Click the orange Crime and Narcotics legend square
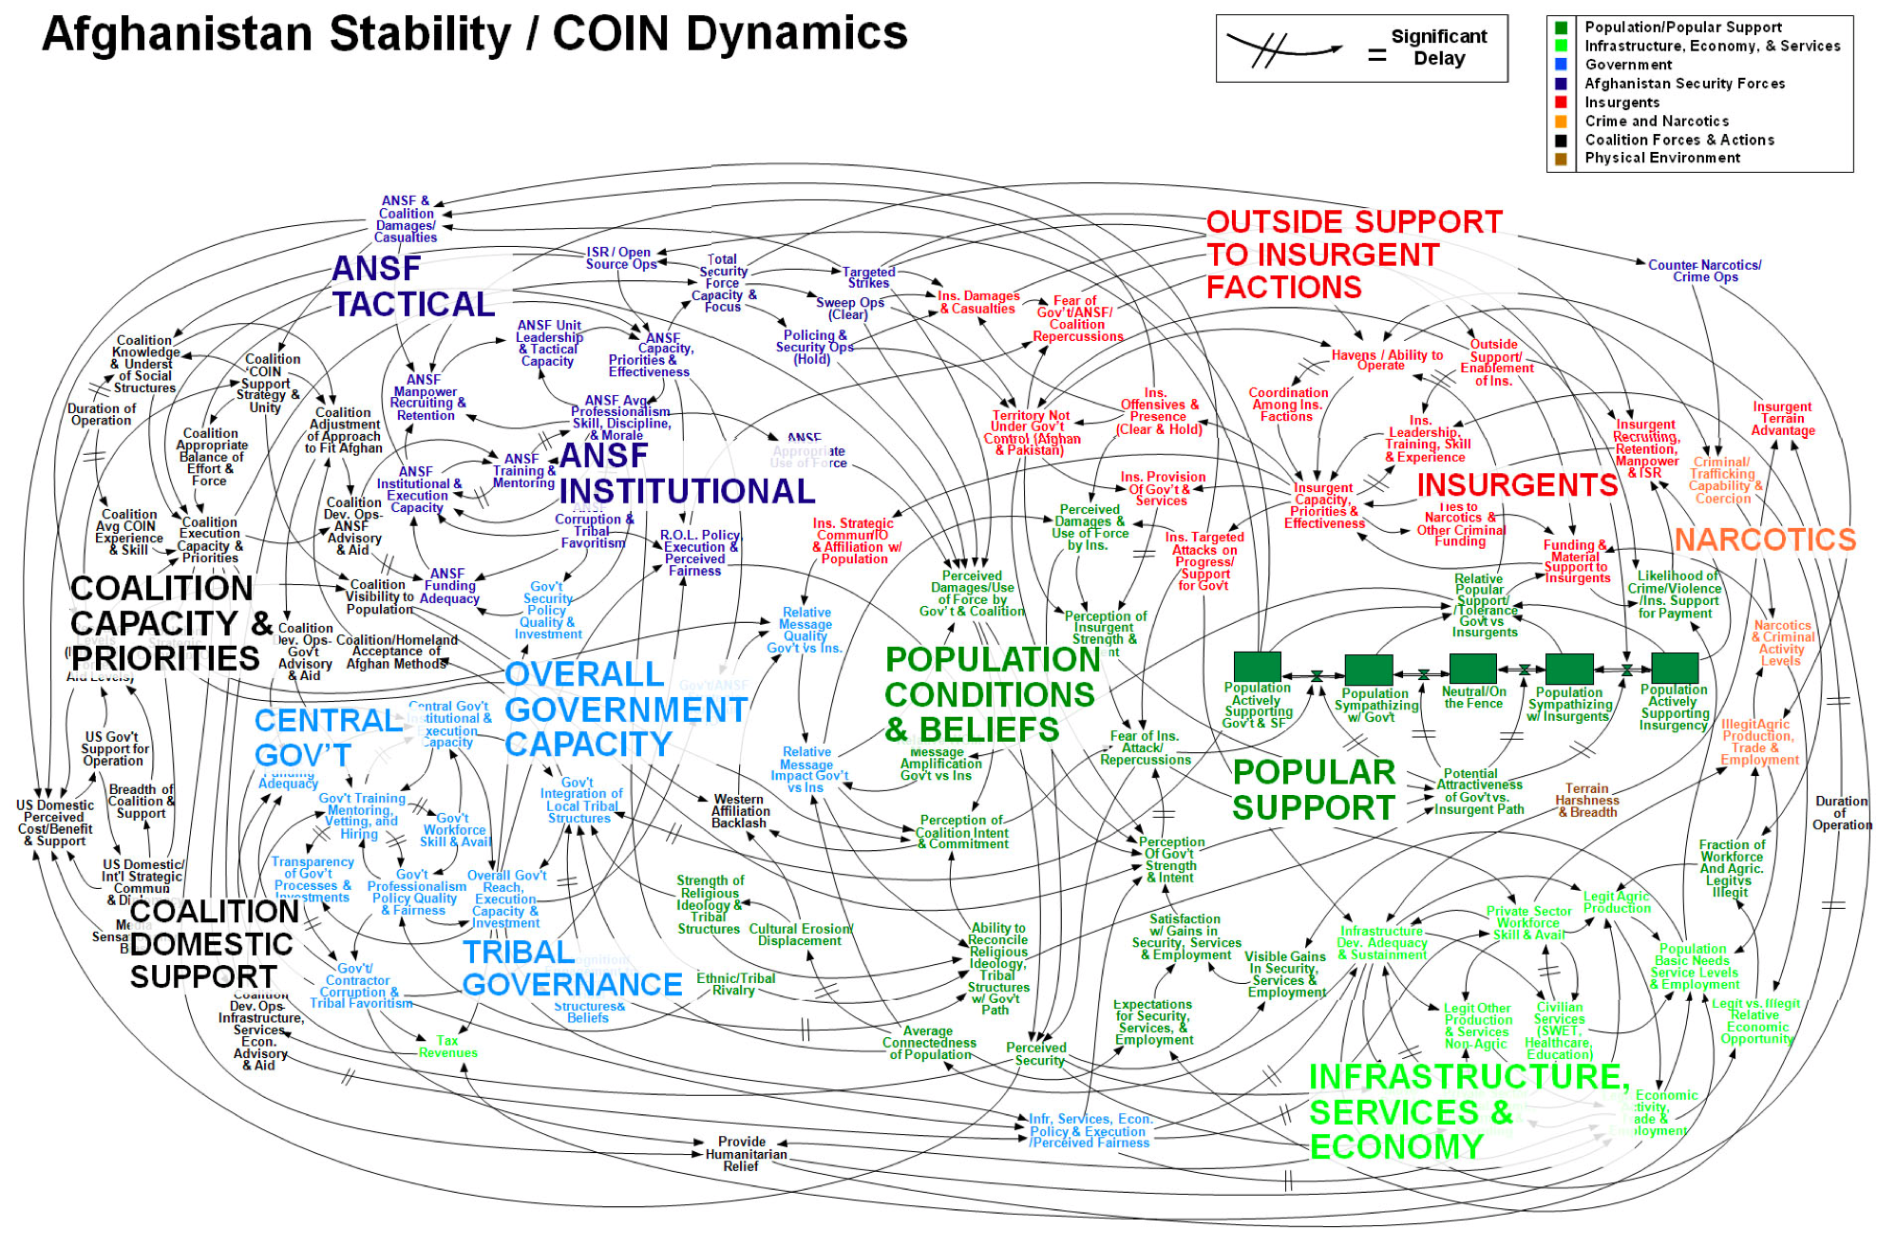1560,122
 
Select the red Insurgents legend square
1560,103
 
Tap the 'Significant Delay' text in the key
1438,47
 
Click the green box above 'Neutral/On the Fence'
1472,668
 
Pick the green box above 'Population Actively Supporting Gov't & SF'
1257,666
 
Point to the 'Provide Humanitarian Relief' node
745,1154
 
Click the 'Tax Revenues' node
447,1047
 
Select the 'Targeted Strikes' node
869,277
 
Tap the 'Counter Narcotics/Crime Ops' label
1704,271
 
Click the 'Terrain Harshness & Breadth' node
1586,801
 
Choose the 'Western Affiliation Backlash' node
740,811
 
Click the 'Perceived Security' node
1036,1054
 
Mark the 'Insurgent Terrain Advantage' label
1782,419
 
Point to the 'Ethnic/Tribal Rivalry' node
735,984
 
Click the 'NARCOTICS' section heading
1764,539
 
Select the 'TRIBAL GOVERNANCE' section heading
572,968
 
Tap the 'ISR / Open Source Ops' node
620,258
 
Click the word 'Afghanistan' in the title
177,34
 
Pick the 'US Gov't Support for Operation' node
115,748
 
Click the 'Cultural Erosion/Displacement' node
800,935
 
